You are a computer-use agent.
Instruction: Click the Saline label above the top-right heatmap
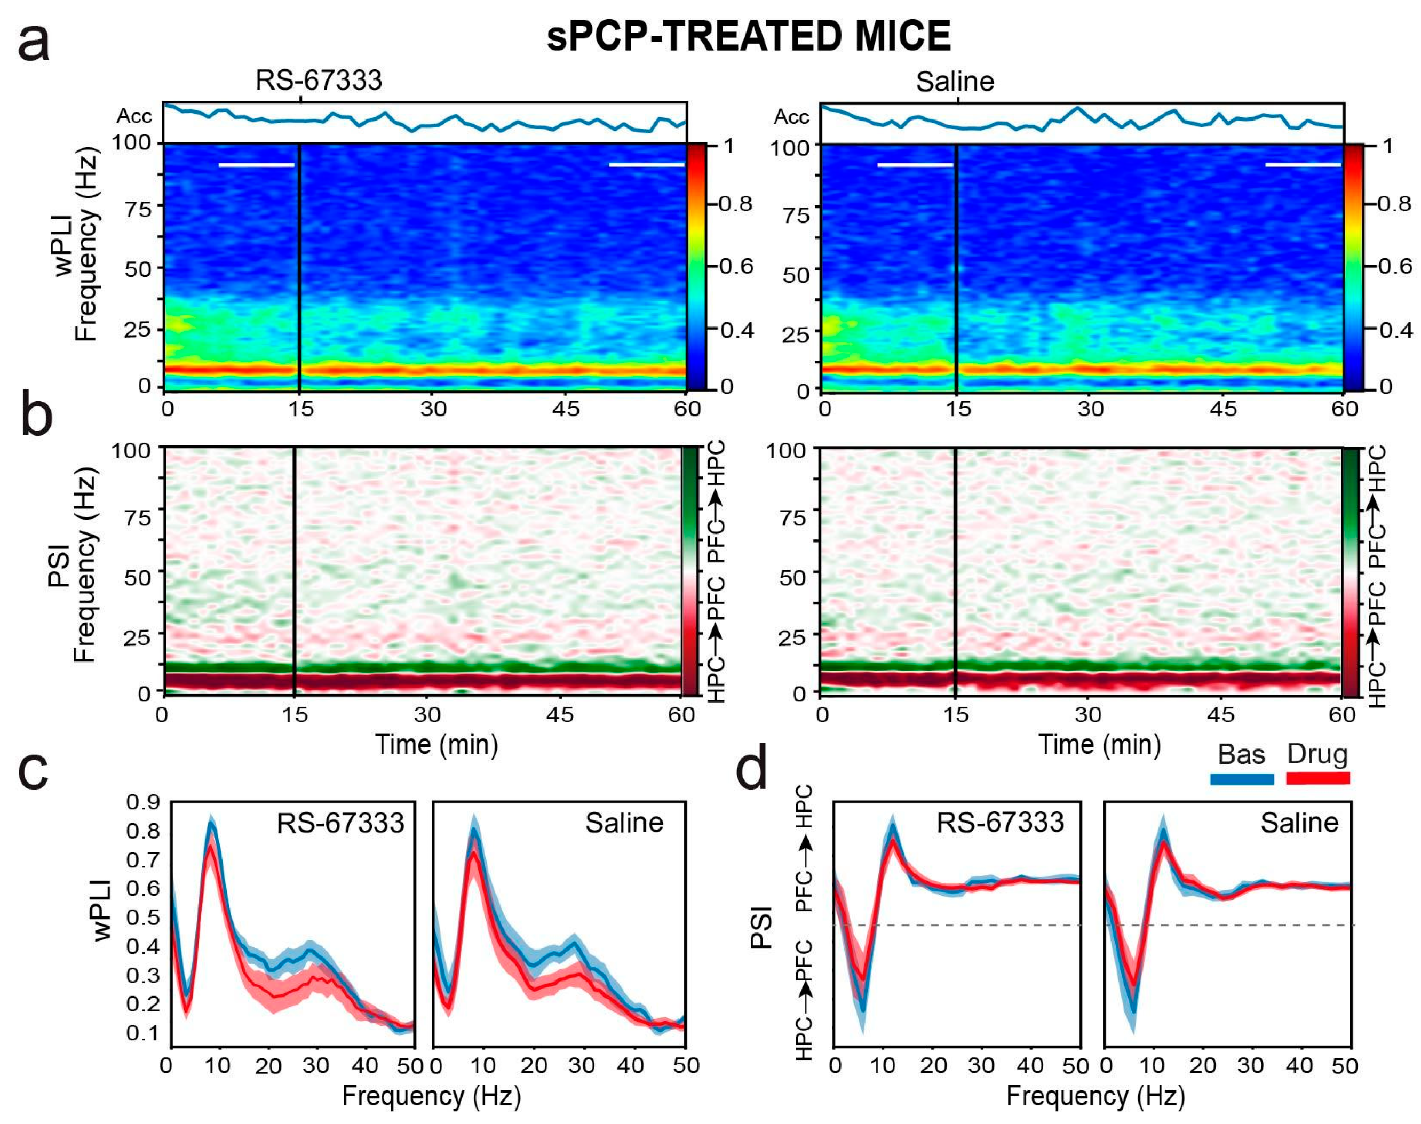955,82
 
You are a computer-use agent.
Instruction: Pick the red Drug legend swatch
1317,778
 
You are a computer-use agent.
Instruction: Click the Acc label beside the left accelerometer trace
134,116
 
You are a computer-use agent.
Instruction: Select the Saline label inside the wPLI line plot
624,823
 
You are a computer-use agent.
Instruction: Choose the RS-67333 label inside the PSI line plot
1001,823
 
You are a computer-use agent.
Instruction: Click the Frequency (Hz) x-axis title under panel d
1095,1096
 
